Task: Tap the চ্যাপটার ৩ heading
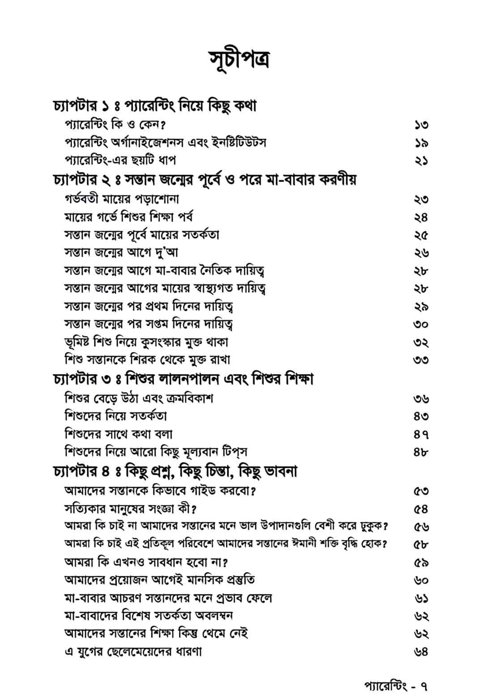tap(183, 379)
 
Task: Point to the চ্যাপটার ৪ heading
tap(175, 471)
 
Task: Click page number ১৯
tap(421, 143)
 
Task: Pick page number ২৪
tap(421, 217)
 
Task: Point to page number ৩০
tap(421, 324)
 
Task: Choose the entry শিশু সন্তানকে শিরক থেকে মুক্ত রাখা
tap(148, 360)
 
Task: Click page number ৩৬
tap(421, 398)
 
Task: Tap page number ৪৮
tap(421, 452)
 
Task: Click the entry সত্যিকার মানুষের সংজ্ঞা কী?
tap(131, 509)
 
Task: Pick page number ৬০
tap(421, 580)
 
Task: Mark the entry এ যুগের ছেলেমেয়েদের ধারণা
tap(133, 652)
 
